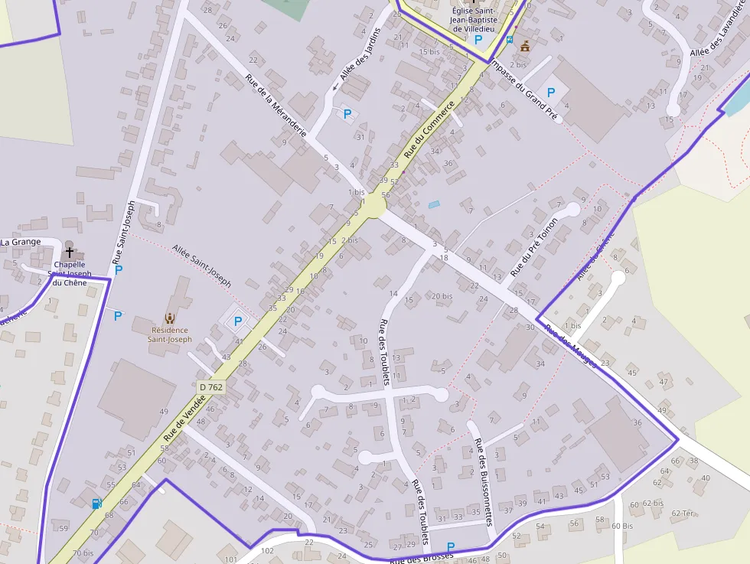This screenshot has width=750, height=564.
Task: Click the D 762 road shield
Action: [x=211, y=387]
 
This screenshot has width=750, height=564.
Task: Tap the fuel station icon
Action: [x=96, y=504]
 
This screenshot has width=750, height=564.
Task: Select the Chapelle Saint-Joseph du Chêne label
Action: [x=69, y=273]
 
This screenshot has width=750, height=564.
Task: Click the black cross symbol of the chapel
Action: [x=70, y=251]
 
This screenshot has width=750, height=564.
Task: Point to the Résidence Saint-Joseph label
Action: [x=170, y=334]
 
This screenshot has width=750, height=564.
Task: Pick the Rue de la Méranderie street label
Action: [x=276, y=105]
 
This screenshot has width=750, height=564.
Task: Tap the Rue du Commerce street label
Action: [x=429, y=130]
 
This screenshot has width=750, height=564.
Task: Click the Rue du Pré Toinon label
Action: [x=534, y=246]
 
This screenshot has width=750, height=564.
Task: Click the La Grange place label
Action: [x=21, y=242]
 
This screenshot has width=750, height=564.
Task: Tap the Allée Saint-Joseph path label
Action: [x=201, y=266]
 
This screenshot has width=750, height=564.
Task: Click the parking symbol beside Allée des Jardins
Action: [x=347, y=114]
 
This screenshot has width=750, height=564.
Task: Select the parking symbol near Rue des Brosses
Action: [x=451, y=547]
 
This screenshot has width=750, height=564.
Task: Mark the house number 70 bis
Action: [x=83, y=553]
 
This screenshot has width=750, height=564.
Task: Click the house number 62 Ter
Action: [x=683, y=513]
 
